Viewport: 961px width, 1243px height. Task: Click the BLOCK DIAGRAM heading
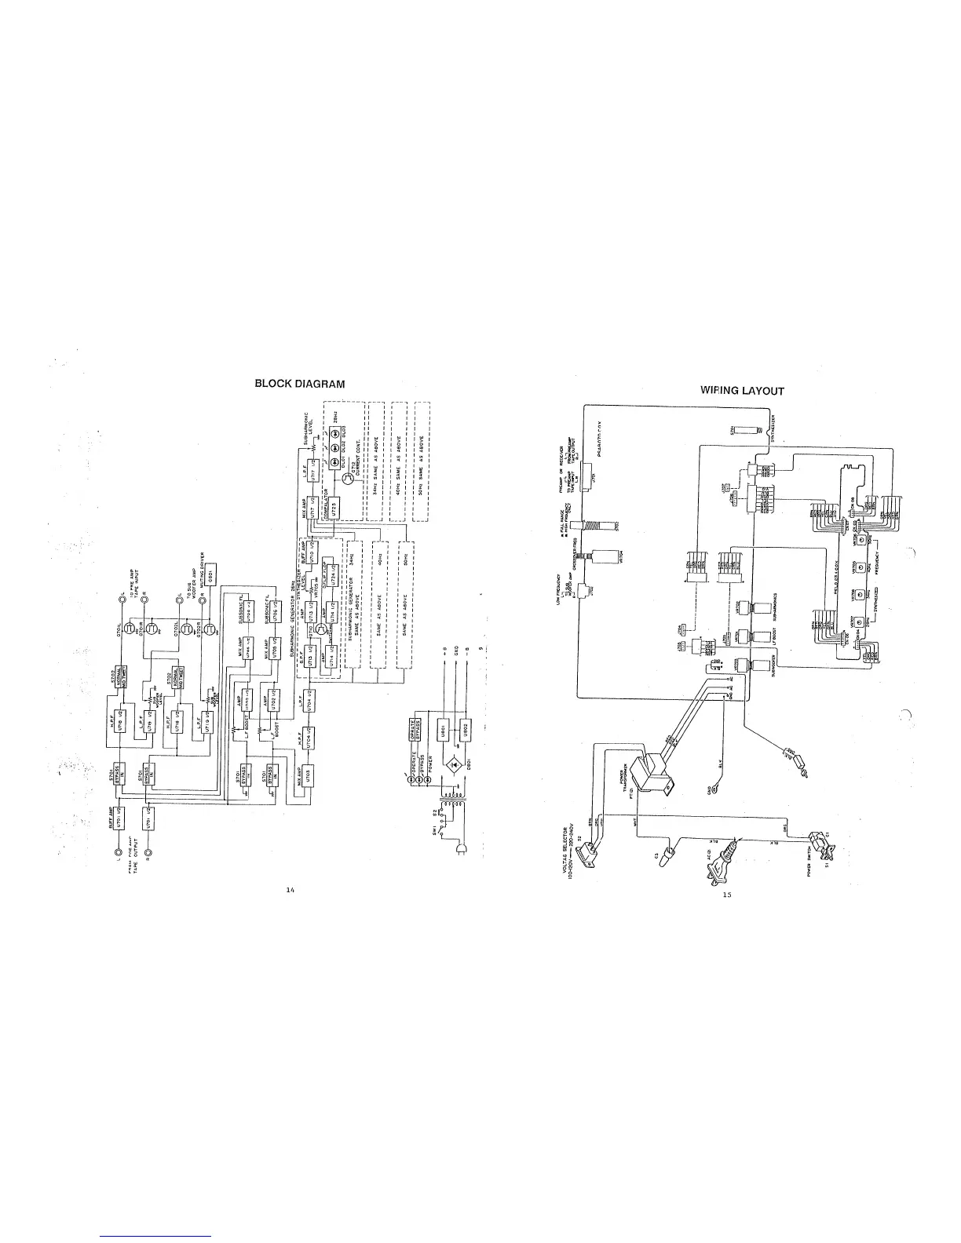[300, 384]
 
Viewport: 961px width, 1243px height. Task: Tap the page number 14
[290, 890]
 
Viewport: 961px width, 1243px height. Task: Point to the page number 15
[727, 895]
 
